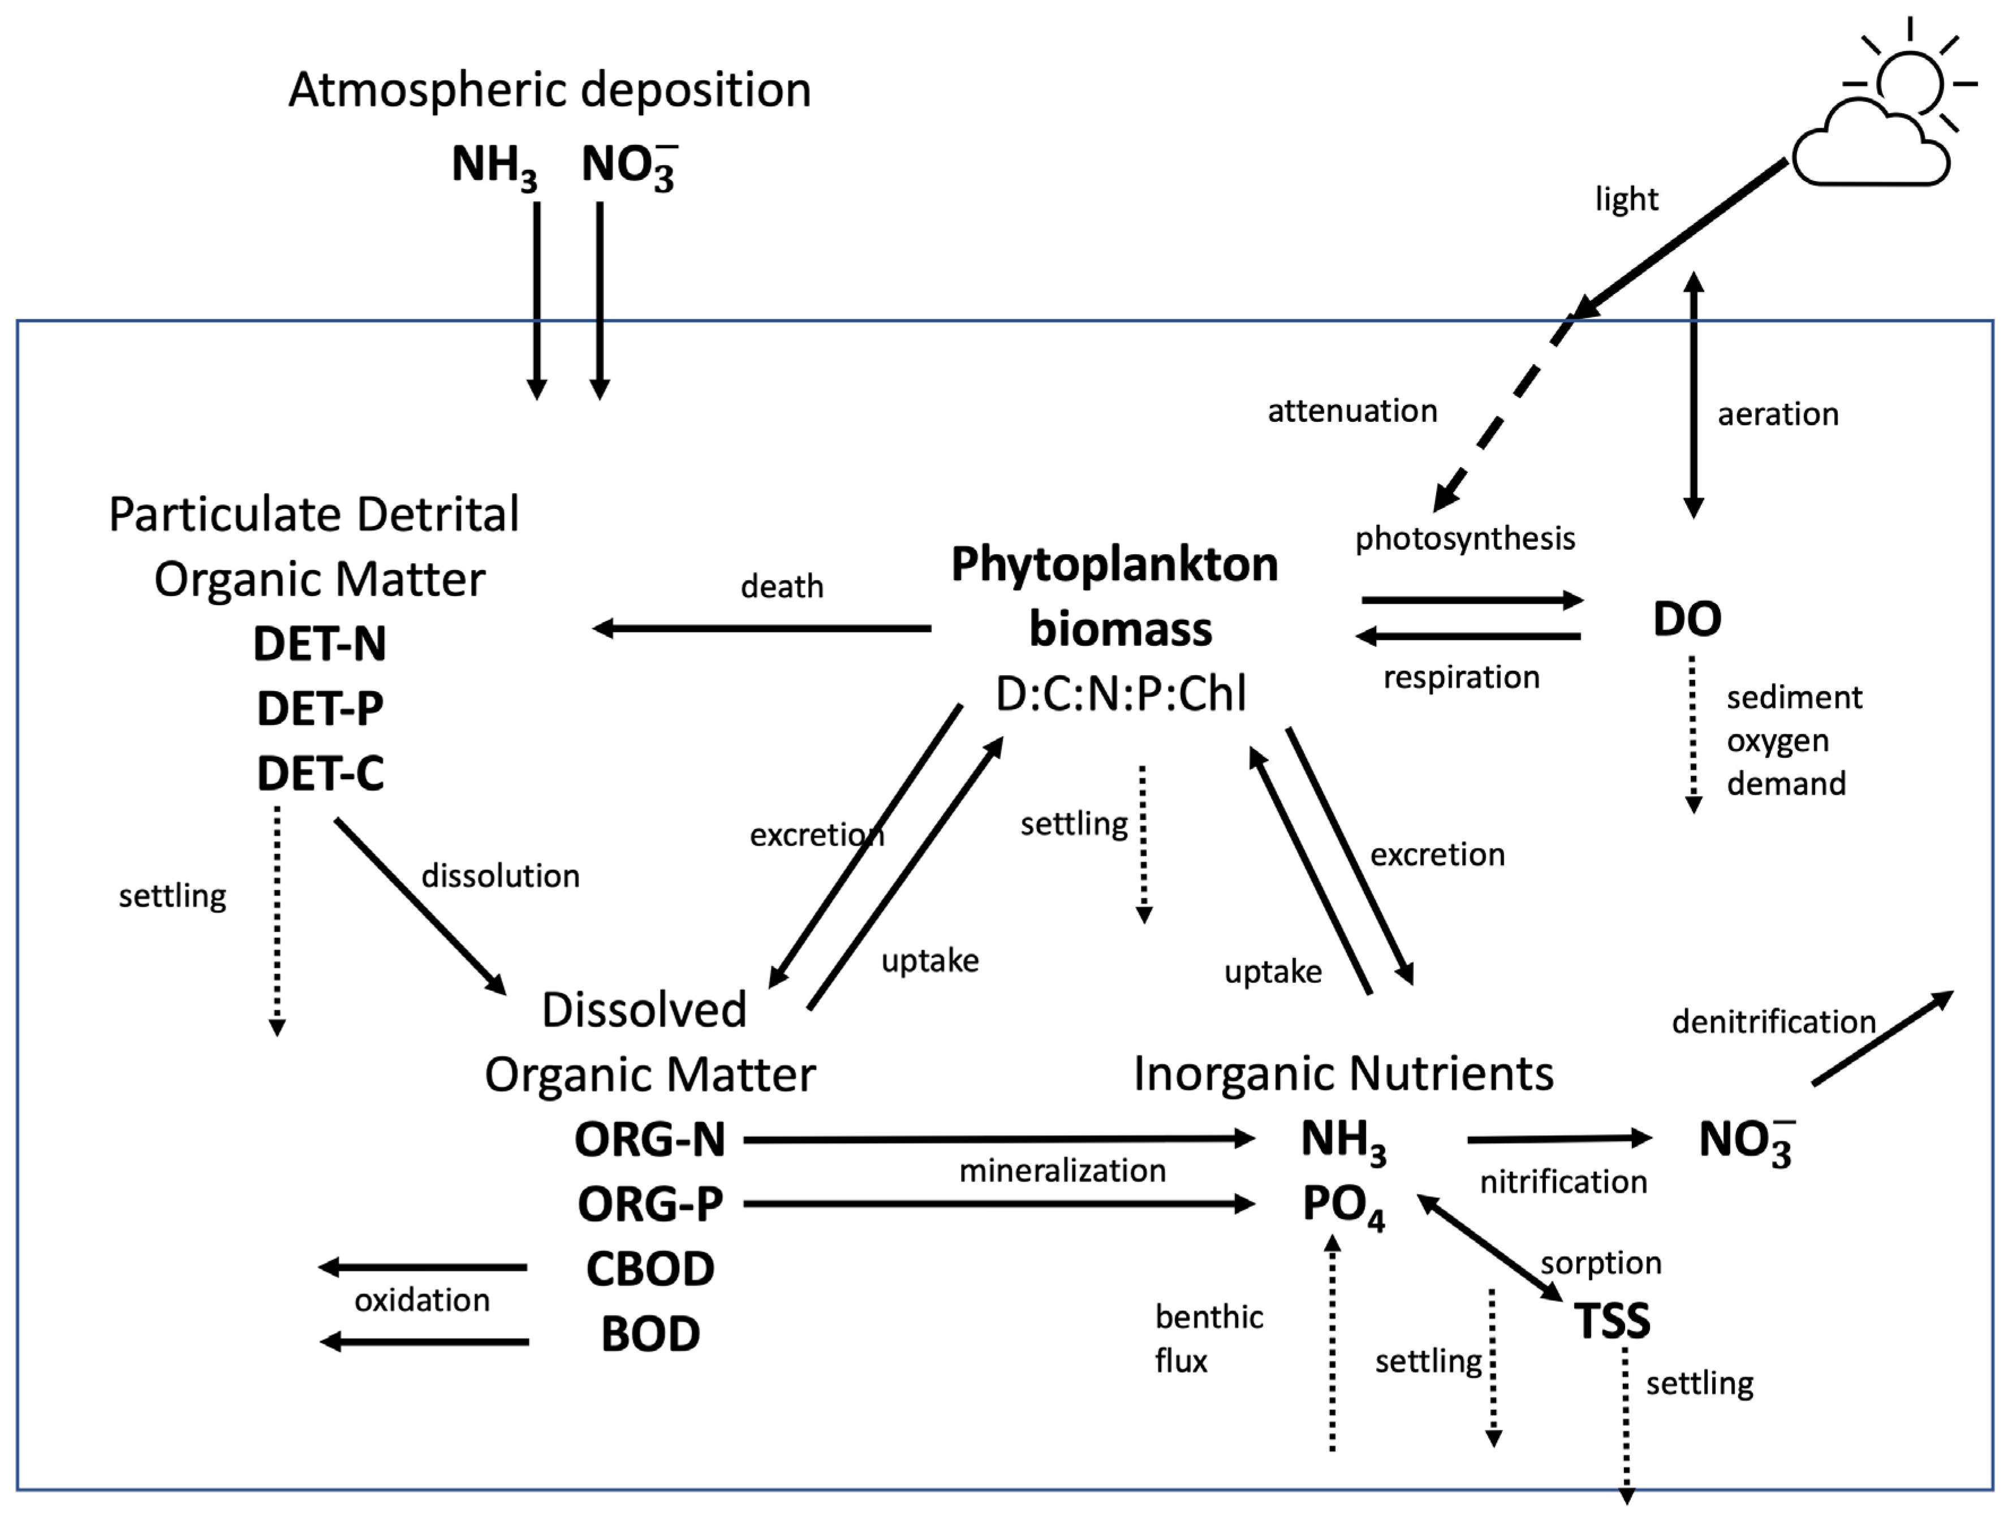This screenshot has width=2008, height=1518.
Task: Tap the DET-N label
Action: [320, 644]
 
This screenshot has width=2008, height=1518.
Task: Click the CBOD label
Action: [650, 1269]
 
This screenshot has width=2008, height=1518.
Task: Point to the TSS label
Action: [1612, 1321]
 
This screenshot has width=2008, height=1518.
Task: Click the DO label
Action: [1687, 619]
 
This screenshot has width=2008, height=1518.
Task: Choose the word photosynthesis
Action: [1465, 540]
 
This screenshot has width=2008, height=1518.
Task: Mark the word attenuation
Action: [1352, 411]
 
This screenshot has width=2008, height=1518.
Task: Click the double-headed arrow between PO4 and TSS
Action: [1490, 1248]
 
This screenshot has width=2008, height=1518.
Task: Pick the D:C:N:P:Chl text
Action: [1121, 693]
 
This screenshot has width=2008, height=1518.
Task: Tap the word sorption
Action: [1601, 1263]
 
